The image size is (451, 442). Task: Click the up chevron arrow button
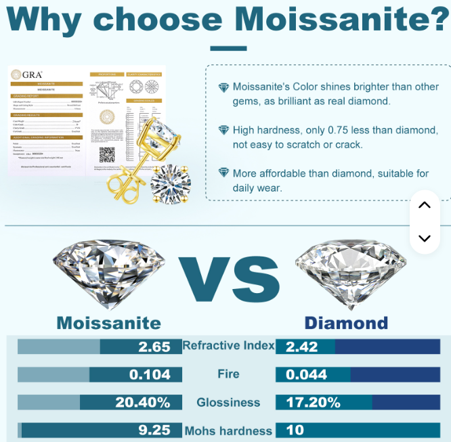(425, 205)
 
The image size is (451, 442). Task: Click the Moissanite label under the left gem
(108, 322)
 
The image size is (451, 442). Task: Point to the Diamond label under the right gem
(346, 322)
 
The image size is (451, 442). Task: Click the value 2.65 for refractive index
(154, 347)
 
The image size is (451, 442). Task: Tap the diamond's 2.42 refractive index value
(302, 347)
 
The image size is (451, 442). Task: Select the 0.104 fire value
(150, 374)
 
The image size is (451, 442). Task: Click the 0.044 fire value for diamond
(307, 374)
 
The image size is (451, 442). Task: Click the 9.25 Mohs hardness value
(154, 430)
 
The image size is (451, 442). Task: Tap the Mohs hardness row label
(228, 430)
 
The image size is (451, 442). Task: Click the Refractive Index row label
(228, 346)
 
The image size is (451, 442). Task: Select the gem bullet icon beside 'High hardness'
(223, 130)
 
